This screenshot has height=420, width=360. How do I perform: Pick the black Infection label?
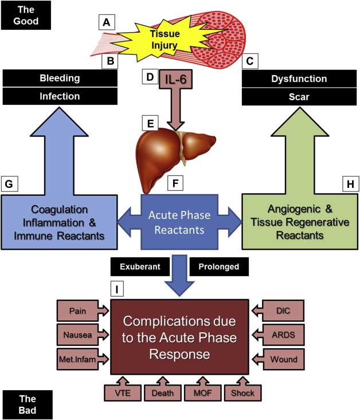click(x=59, y=97)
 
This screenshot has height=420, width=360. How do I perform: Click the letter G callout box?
click(x=11, y=183)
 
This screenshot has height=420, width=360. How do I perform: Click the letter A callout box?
click(x=106, y=22)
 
